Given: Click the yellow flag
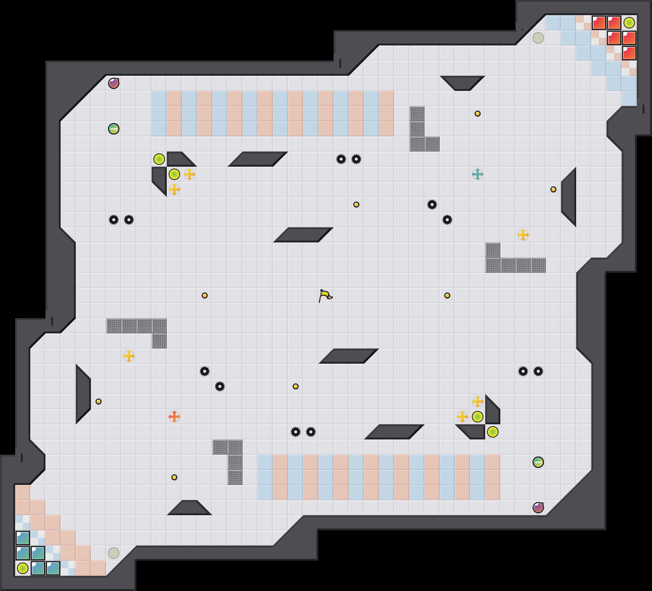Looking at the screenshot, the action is [325, 295].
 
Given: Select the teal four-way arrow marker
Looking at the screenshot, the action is [478, 174].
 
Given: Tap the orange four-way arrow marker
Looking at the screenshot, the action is [174, 417].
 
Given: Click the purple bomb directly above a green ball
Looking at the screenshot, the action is [114, 83].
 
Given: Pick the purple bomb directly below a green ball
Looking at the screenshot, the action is [538, 508].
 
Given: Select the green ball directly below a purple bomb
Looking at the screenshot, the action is [114, 129].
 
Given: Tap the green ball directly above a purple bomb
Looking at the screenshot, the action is [538, 462].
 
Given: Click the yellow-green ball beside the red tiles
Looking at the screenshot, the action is [629, 23].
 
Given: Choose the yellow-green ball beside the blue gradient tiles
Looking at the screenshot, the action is [23, 568].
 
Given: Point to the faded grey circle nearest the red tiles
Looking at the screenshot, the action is [538, 38].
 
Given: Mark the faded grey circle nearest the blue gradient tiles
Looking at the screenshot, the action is [114, 553].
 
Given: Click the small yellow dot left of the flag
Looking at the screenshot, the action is [205, 295].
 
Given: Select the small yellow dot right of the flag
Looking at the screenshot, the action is [447, 295].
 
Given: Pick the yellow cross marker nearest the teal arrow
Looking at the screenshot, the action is [523, 235].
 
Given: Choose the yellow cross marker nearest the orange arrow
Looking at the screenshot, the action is [129, 356].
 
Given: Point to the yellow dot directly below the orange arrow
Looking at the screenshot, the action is [174, 477].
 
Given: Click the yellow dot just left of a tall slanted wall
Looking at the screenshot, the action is [553, 189].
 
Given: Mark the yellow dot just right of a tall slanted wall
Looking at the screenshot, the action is [99, 402].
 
